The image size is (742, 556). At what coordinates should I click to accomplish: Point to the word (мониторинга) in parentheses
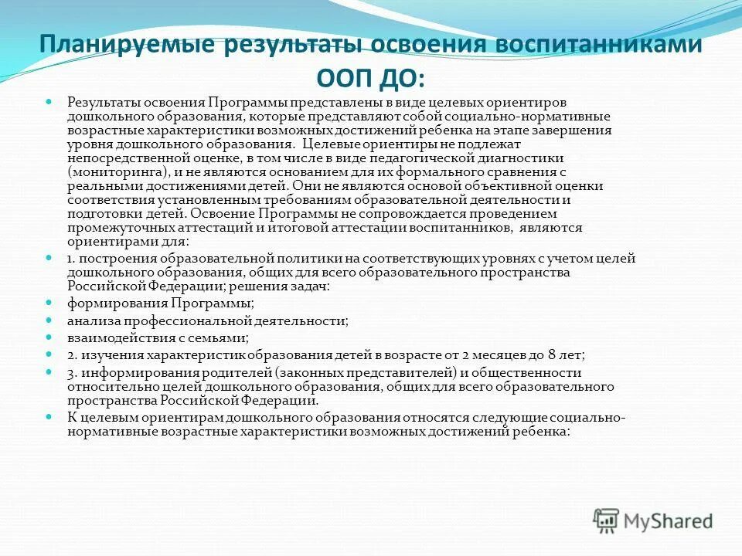114,174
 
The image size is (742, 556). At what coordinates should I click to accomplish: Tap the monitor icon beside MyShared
608,520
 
